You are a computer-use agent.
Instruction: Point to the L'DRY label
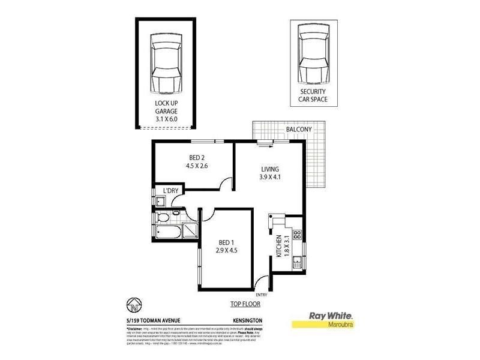pos(171,191)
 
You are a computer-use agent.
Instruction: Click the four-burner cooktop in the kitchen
pos(296,235)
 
